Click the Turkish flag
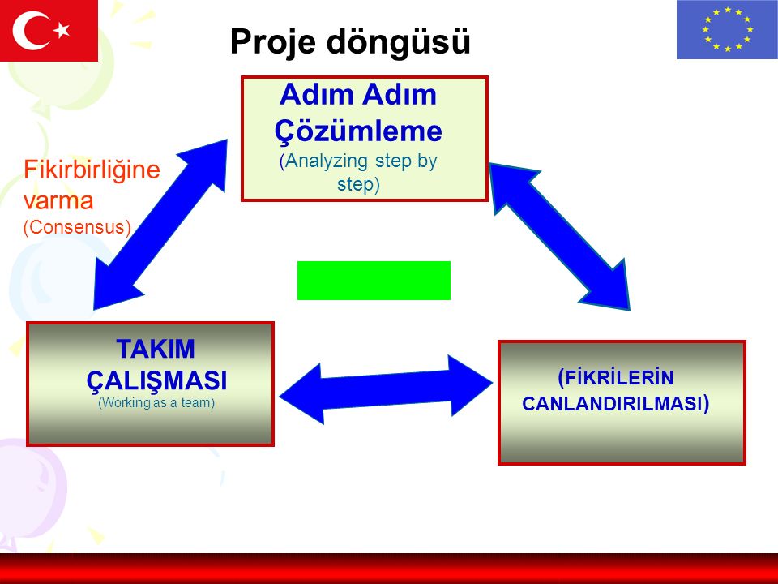pos(49,30)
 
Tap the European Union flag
pos(727,29)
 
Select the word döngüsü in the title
pos(399,41)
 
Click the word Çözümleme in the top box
pos(358,131)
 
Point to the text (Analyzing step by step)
pos(358,172)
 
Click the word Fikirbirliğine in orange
pos(92,170)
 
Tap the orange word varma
pos(58,201)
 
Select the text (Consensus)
pos(78,227)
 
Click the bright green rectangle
pos(374,281)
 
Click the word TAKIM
pos(156,349)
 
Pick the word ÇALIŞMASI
pos(156,381)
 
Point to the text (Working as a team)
pos(156,403)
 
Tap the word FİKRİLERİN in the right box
pos(615,378)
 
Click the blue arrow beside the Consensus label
pos(160,225)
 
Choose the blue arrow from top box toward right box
pos(559,237)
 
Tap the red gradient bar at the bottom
pos(389,569)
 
